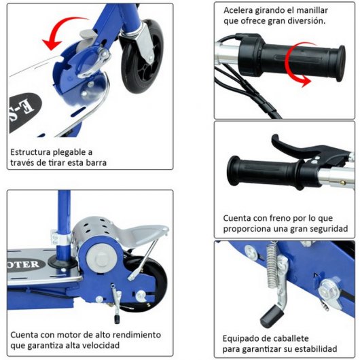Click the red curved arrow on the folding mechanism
point(65,31)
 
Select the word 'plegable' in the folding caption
point(73,152)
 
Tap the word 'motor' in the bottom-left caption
point(79,335)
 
